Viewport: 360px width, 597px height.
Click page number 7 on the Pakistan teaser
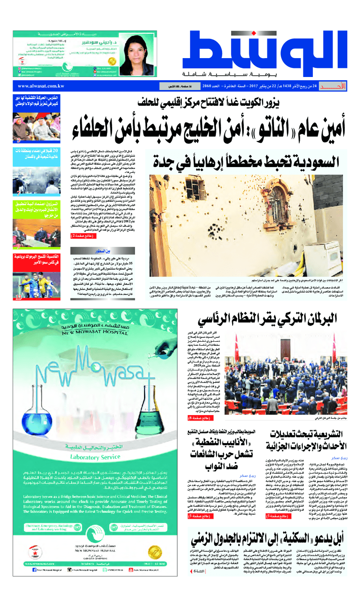pos(18,194)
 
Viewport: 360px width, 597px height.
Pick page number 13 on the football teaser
pos(18,297)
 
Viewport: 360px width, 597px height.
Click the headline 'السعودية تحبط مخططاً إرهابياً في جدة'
pos(250,161)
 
